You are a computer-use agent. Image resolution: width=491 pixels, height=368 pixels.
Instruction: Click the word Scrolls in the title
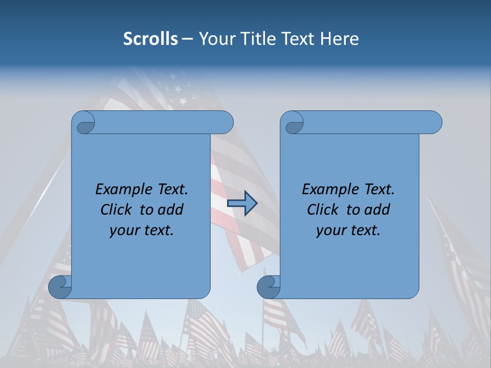click(150, 39)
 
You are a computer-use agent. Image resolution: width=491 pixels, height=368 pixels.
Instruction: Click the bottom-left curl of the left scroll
click(60, 287)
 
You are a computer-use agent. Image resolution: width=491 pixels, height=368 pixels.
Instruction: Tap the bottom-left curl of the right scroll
click(269, 287)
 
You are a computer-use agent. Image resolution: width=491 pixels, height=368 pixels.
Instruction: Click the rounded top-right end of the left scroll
click(225, 123)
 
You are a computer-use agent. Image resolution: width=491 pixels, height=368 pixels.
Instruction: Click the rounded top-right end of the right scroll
click(434, 123)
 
